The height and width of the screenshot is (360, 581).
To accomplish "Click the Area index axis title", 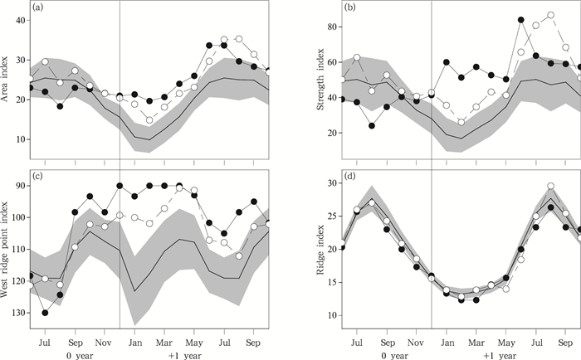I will point(8,83).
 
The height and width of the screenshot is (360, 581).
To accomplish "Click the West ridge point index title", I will point(8,249).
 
